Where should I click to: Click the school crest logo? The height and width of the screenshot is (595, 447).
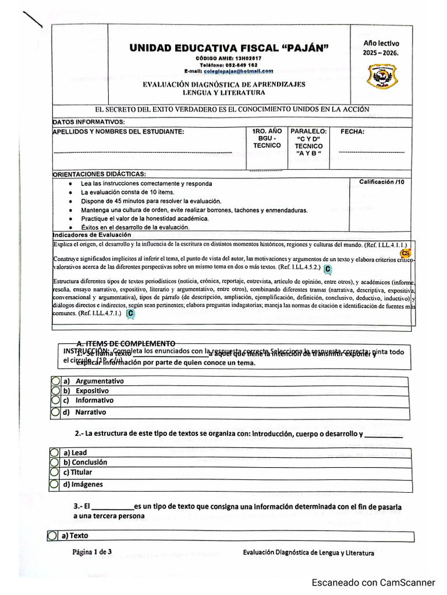coord(382,76)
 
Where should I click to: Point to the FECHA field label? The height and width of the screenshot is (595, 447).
coord(352,132)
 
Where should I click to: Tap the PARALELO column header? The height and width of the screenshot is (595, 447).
coord(308,132)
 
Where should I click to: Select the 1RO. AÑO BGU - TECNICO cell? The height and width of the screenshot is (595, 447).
coord(267,138)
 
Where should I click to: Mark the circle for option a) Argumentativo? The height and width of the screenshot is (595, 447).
coord(55,381)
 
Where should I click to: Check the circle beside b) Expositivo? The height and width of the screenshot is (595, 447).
coord(55,391)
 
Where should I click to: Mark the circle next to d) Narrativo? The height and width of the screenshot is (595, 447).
coord(55,412)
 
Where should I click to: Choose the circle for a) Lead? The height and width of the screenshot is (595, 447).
coord(54,452)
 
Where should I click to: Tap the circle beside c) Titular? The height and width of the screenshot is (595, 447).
coord(54,472)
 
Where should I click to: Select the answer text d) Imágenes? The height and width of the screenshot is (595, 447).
coord(83,484)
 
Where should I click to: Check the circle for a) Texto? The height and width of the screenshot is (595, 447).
coord(53,535)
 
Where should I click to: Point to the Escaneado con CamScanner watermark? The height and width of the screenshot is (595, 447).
coord(373,582)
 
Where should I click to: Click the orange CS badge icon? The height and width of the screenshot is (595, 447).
coord(406,253)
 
